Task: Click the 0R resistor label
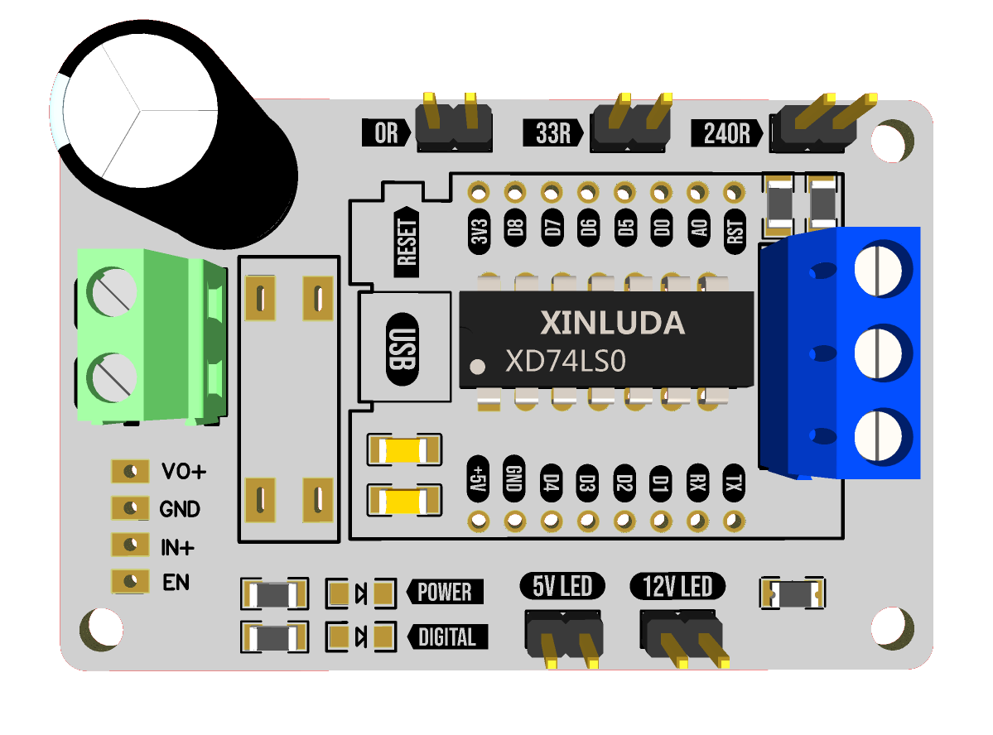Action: click(386, 133)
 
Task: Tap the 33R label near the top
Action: click(553, 133)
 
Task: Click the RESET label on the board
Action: click(407, 242)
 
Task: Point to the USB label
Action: click(403, 348)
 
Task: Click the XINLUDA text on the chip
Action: click(612, 323)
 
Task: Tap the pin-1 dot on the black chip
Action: click(478, 366)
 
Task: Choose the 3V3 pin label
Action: click(479, 231)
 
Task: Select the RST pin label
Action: click(735, 231)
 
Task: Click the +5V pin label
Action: click(478, 478)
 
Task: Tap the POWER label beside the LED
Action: click(445, 592)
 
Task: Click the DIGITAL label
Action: click(447, 637)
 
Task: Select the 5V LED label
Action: click(562, 586)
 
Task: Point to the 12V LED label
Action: click(677, 586)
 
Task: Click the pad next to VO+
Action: click(131, 471)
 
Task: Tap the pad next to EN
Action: click(131, 581)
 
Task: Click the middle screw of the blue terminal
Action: click(879, 353)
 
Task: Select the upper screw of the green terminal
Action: click(112, 292)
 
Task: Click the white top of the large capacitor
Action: click(141, 111)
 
